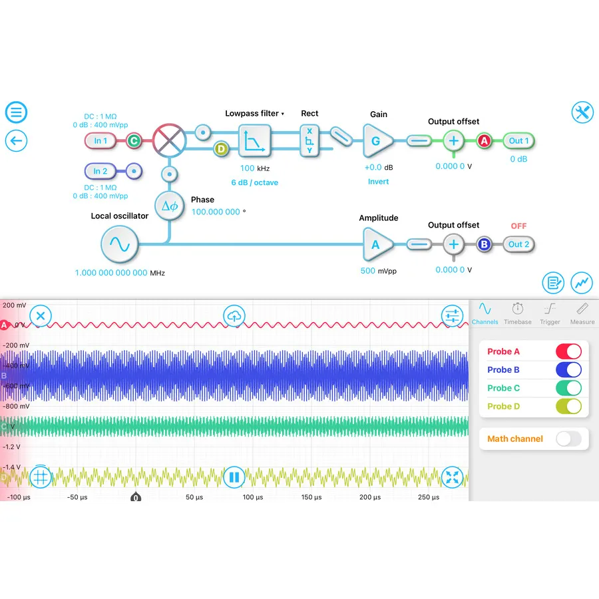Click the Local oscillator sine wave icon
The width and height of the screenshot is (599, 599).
(x=120, y=244)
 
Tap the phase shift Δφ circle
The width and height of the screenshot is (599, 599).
(x=169, y=206)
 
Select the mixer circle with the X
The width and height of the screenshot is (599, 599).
(x=168, y=140)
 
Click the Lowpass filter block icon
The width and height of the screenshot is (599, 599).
(x=255, y=140)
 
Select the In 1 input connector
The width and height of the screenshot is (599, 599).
(x=101, y=140)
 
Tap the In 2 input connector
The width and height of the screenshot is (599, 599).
(x=101, y=171)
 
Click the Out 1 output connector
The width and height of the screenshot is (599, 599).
(x=519, y=140)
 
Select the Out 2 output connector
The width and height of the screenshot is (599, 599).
(x=519, y=244)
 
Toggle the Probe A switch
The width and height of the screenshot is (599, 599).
(x=568, y=351)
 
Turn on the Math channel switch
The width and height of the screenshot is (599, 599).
(x=568, y=439)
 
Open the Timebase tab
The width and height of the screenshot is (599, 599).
(x=517, y=313)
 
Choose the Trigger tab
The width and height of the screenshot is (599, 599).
(x=550, y=313)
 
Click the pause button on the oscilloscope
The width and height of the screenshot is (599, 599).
(x=234, y=477)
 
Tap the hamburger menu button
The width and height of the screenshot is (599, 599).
(x=16, y=112)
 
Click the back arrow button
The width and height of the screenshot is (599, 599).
(x=16, y=140)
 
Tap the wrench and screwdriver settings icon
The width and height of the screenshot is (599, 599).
(x=582, y=112)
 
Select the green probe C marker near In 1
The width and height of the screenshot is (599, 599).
(x=134, y=140)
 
